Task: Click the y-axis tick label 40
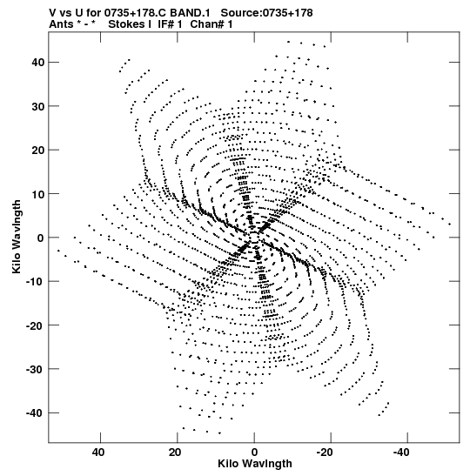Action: click(x=37, y=63)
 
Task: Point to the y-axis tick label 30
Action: click(x=37, y=106)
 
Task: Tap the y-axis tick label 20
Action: click(x=37, y=150)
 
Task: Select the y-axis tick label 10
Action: click(x=37, y=194)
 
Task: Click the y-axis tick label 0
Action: click(x=40, y=238)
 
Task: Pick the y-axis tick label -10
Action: click(x=35, y=281)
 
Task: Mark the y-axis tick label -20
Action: click(x=35, y=325)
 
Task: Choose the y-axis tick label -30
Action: click(x=35, y=369)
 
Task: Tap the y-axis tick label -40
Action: click(x=35, y=412)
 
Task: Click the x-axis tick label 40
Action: click(x=98, y=453)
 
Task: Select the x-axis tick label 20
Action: click(x=175, y=453)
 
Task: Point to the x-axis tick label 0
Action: click(x=254, y=453)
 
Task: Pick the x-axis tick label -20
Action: click(x=325, y=453)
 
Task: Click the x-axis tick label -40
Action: click(x=402, y=453)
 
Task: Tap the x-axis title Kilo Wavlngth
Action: click(x=255, y=464)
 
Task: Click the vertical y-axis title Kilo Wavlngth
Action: click(x=17, y=237)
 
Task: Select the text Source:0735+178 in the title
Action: click(x=266, y=13)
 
